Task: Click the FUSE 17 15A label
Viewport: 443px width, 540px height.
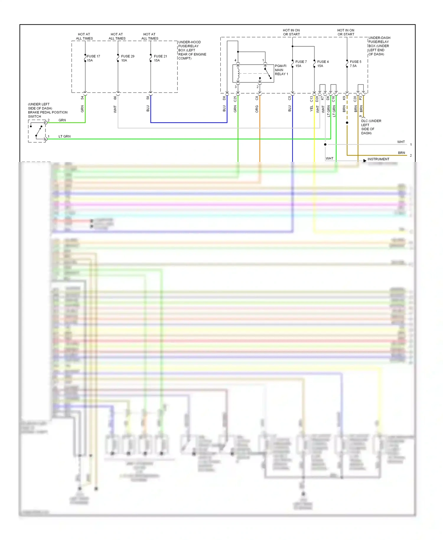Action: pos(93,58)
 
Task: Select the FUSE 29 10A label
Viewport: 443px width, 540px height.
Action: pos(128,58)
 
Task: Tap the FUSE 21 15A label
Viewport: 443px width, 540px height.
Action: pos(160,58)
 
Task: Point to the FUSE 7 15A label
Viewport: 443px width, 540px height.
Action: pos(301,64)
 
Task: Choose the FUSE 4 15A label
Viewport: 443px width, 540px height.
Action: pos(323,64)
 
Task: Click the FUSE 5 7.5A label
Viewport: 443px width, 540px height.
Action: pos(355,64)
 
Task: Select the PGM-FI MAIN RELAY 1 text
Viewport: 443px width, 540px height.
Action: pos(281,70)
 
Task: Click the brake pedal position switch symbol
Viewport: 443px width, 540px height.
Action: pos(37,131)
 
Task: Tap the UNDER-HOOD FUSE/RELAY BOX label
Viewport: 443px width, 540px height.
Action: pos(192,50)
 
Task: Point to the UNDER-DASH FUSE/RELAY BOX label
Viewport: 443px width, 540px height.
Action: pos(379,46)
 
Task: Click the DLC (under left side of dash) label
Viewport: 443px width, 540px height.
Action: pos(371,127)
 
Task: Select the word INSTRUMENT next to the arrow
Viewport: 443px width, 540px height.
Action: pos(378,159)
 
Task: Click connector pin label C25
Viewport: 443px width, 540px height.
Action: pos(235,99)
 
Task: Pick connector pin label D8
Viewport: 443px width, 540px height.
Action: pos(224,98)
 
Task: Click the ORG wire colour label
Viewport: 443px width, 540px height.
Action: pos(257,109)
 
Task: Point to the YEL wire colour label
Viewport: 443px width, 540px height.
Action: pos(311,109)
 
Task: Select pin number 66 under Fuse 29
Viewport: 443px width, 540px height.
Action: pos(115,98)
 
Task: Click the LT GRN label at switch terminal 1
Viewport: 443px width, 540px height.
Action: pos(64,136)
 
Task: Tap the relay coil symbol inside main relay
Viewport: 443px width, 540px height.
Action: pos(238,74)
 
